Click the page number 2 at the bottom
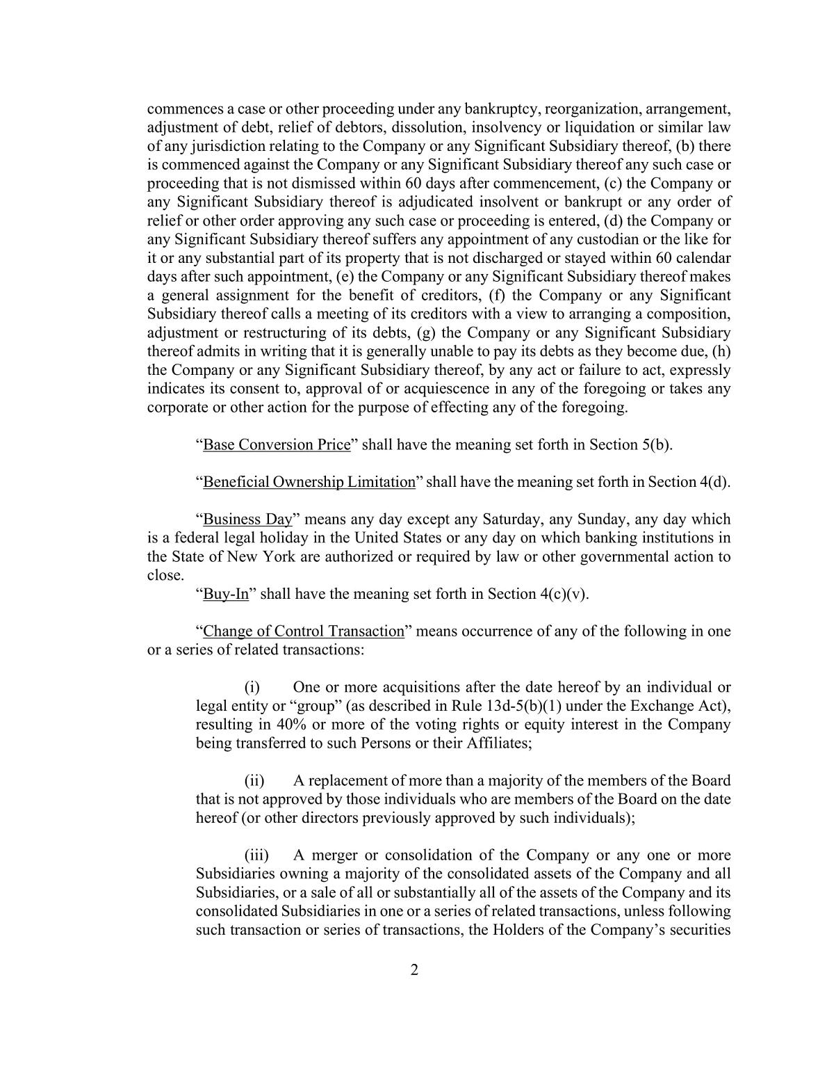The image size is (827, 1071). (414, 970)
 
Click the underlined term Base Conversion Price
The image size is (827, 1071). (277, 445)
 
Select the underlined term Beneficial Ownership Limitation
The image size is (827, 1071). (309, 483)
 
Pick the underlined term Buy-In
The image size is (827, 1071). (226, 595)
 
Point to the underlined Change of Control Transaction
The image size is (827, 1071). (303, 631)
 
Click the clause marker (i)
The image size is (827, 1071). (252, 688)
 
